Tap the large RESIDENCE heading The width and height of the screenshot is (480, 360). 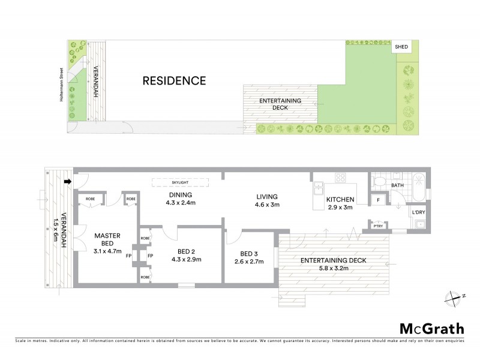tap(174, 81)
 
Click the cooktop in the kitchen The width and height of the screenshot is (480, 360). tap(340, 178)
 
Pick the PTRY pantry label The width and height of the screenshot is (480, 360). tap(377, 226)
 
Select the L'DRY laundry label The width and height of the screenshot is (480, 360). tap(418, 212)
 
